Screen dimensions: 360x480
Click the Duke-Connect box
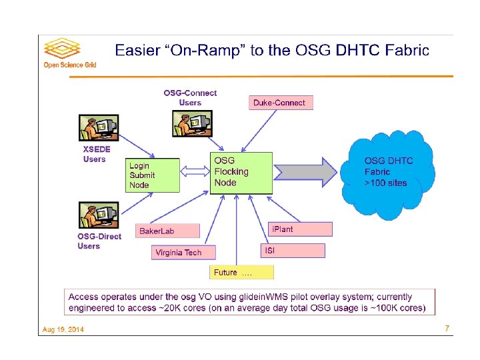(279, 103)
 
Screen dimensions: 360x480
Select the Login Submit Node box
(152, 175)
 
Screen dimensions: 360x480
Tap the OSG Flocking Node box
(241, 173)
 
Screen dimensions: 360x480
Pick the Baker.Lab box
(167, 231)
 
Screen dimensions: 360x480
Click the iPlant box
(299, 229)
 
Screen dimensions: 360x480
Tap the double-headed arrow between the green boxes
(195, 172)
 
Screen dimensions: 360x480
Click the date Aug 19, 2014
(63, 329)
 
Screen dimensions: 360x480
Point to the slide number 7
(447, 328)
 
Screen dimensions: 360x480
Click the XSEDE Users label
(96, 154)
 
